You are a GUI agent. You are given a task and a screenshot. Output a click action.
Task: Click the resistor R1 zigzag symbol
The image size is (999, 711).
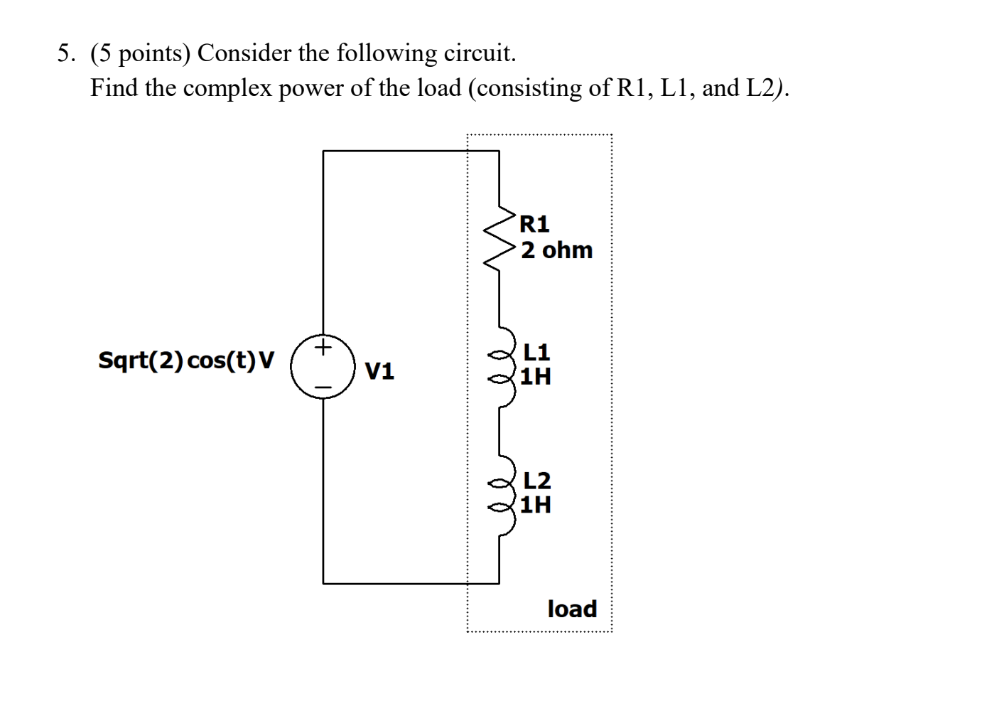[x=500, y=237]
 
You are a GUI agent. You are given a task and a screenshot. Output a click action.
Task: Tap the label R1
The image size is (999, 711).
[x=534, y=224]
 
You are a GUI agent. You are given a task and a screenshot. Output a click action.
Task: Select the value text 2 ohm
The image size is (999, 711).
[x=556, y=250]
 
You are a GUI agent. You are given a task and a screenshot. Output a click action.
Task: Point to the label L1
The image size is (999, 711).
[x=536, y=352]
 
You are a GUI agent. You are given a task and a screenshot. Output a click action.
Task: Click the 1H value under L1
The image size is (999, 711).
[x=535, y=376]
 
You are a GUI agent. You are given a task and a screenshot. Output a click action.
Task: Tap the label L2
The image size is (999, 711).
[x=536, y=481]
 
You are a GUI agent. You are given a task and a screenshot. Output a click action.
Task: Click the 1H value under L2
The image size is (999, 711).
[x=535, y=505]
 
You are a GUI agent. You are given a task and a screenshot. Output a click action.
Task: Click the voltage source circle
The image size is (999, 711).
[x=323, y=367]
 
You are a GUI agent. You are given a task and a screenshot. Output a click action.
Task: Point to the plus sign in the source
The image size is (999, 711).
[x=323, y=348]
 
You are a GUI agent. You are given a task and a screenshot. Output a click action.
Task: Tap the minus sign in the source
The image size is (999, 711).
[x=323, y=387]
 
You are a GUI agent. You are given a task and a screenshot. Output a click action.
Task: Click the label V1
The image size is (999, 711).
[x=379, y=370]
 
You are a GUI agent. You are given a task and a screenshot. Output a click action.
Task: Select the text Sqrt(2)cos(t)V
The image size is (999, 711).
[x=185, y=360]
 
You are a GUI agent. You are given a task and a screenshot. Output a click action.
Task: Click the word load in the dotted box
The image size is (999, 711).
[x=572, y=609]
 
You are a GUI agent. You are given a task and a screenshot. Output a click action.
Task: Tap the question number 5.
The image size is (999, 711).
[x=65, y=53]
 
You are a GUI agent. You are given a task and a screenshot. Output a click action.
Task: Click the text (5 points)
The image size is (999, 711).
[x=140, y=53]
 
